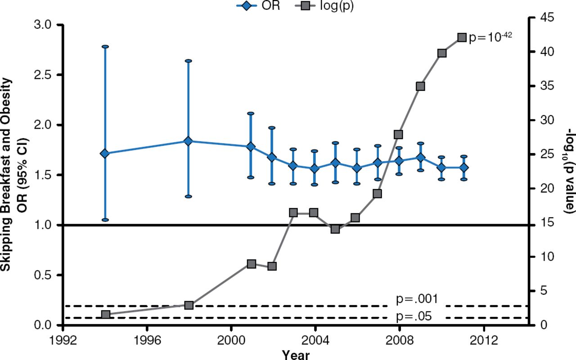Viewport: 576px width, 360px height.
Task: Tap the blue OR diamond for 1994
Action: point(105,153)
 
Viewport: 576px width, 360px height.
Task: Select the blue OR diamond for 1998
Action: point(189,141)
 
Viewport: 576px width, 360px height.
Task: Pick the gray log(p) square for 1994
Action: point(105,315)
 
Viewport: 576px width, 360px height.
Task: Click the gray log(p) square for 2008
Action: point(398,135)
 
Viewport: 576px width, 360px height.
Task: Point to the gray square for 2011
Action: point(462,37)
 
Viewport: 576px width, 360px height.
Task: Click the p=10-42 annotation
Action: point(490,37)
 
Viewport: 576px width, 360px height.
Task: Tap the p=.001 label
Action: point(417,299)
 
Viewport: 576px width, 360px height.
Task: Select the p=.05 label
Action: point(414,316)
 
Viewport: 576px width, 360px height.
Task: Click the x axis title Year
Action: point(296,355)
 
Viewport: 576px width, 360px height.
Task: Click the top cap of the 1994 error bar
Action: point(105,46)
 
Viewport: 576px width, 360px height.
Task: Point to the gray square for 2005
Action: point(335,229)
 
